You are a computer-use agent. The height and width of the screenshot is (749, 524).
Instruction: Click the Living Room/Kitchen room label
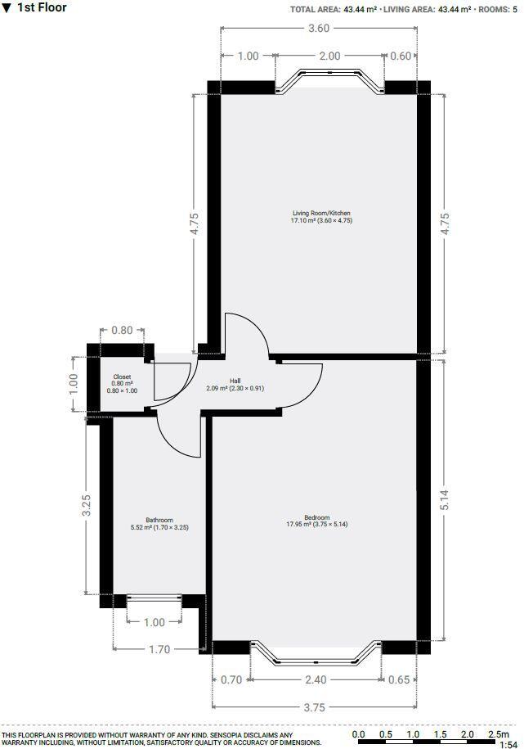(321, 214)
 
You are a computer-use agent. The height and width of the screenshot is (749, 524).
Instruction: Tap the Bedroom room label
(316, 517)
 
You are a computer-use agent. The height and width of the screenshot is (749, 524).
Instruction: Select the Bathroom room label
(159, 521)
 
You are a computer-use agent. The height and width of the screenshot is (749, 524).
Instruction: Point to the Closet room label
(122, 377)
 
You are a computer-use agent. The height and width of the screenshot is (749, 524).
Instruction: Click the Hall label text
(235, 381)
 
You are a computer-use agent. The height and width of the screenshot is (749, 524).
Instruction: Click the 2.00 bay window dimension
(329, 56)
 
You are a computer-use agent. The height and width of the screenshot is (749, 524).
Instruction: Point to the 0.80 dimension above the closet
(121, 331)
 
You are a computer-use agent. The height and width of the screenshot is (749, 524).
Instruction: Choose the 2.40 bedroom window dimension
(316, 679)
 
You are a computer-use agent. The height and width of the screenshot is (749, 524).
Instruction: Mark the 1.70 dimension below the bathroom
(159, 649)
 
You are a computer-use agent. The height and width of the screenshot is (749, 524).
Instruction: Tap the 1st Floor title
(41, 8)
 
